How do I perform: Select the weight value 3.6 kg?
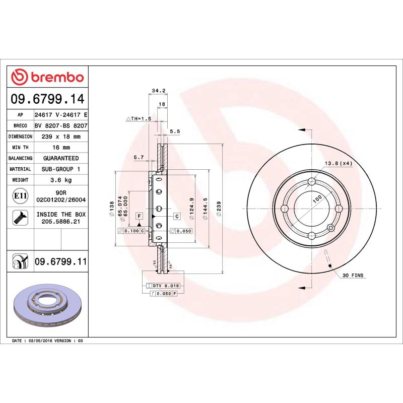[61, 180]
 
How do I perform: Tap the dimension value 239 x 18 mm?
[61, 137]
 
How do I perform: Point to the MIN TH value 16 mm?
[61, 148]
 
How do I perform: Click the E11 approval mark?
[20, 195]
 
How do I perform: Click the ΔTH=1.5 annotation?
[138, 119]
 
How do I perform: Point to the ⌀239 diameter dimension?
[218, 208]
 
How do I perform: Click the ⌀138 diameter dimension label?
[112, 208]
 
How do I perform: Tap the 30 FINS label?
[353, 276]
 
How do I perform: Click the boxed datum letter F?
[138, 216]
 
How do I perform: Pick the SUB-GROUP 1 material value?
[61, 169]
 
